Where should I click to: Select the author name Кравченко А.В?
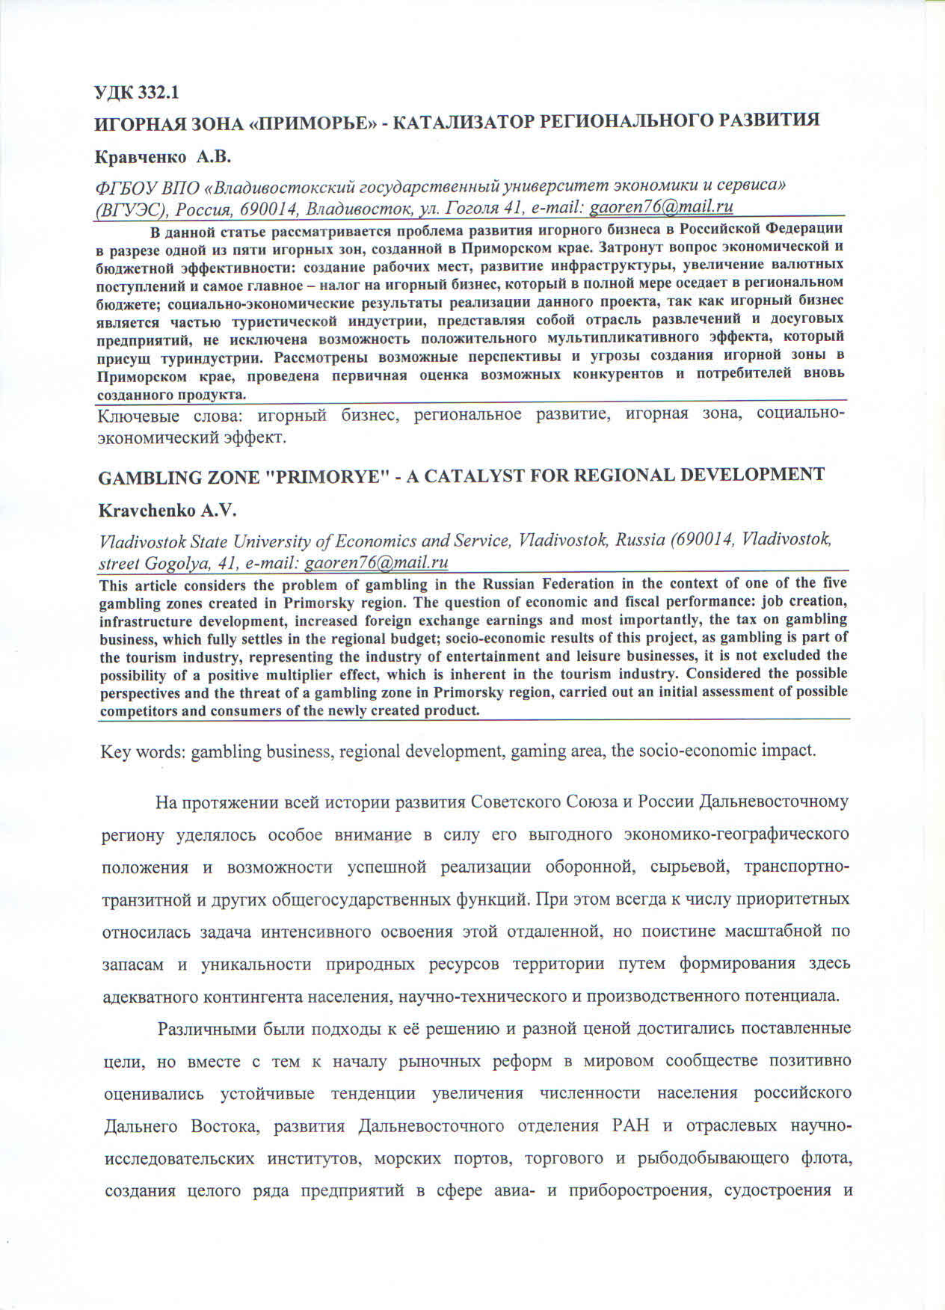coord(164,157)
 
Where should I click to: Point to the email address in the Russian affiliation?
coord(661,206)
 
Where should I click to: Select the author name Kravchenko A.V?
coord(167,511)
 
